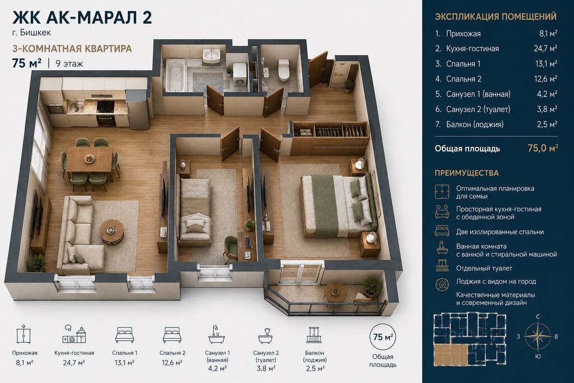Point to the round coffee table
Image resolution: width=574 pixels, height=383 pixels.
point(112,231)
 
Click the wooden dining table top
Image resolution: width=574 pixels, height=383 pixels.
point(89,159)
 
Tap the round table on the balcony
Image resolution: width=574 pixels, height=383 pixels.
point(336,292)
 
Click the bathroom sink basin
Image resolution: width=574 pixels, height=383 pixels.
point(211,56)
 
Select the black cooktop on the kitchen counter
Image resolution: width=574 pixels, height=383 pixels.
point(106,105)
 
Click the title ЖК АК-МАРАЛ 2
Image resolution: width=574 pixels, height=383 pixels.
point(82,17)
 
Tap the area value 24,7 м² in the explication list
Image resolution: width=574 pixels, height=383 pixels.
point(545,48)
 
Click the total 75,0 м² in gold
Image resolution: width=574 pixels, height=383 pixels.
point(543,148)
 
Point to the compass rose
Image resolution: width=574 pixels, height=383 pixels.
point(538,336)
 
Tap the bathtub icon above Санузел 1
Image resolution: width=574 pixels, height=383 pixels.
point(217,334)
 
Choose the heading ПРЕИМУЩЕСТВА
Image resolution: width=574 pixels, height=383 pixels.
point(467,173)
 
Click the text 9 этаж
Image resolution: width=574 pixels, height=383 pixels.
point(69,64)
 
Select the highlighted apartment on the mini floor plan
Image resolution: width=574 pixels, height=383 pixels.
point(451,354)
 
